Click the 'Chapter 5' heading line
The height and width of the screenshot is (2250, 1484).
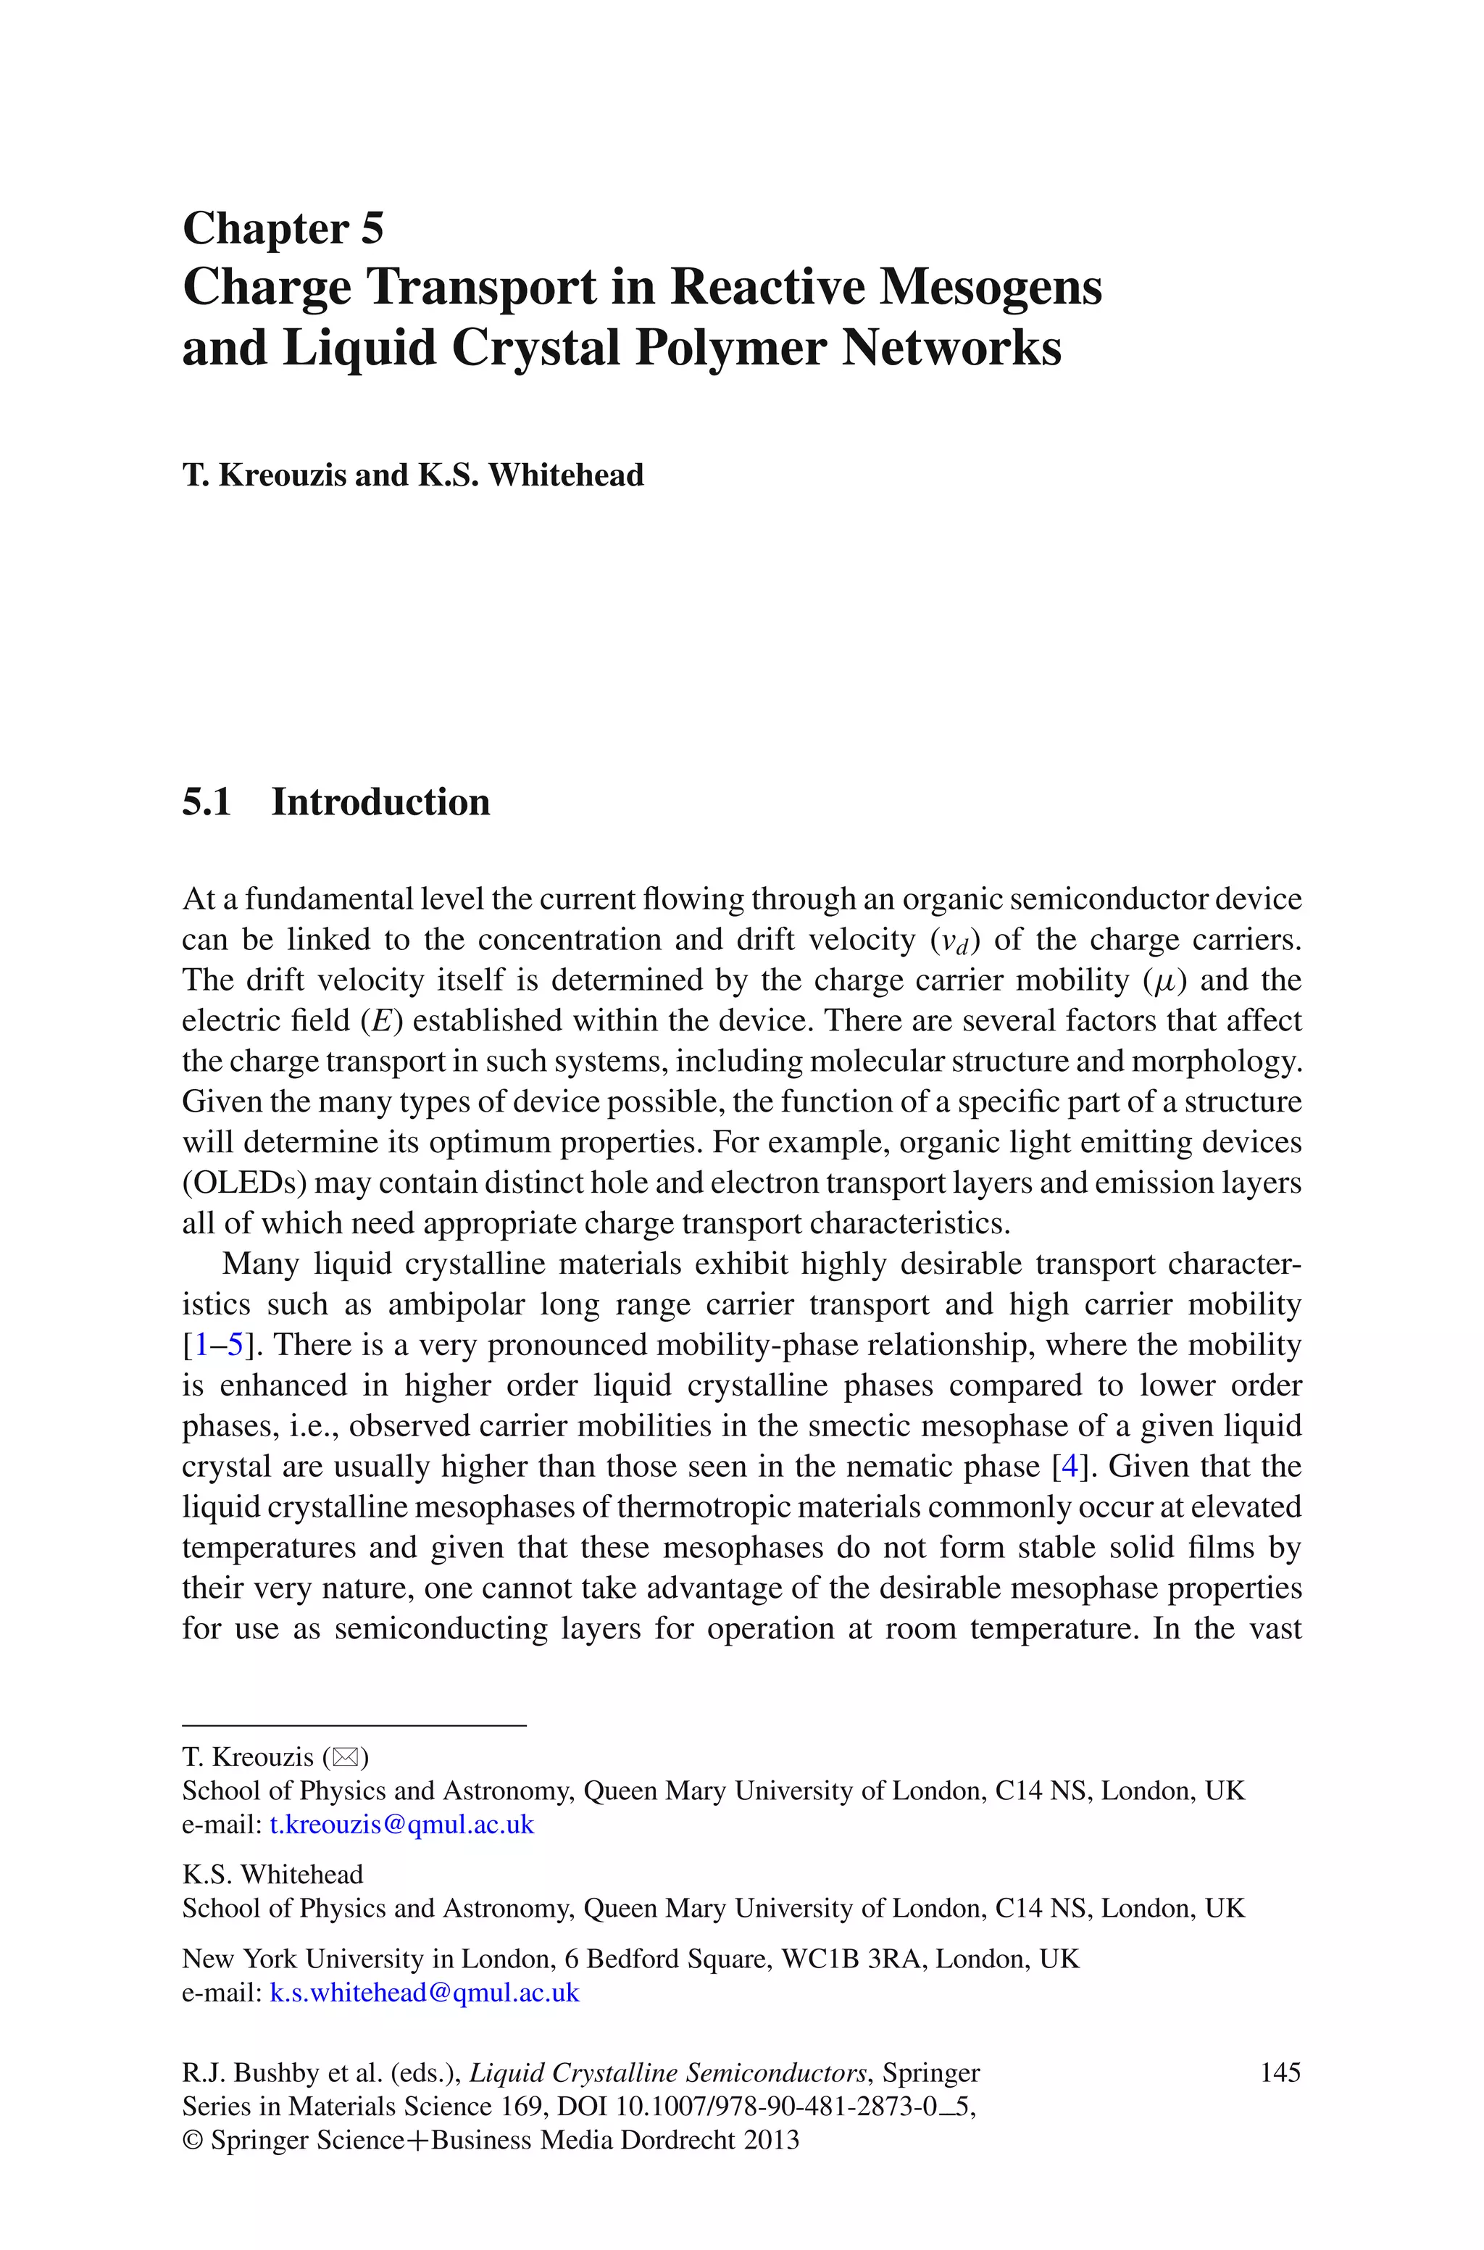tap(283, 228)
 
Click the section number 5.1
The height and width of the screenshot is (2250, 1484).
tap(207, 801)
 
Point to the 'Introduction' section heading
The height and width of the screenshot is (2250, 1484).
tap(380, 801)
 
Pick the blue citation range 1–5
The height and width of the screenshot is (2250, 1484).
tap(219, 1344)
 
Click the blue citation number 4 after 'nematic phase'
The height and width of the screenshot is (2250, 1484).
tap(1070, 1467)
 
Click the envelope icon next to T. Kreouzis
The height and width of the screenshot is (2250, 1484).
tap(346, 1757)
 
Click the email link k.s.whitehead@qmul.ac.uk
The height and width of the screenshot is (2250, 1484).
tap(424, 1993)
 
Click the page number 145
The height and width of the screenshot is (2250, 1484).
tap(1280, 2072)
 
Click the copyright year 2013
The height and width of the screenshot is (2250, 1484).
tap(770, 2141)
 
